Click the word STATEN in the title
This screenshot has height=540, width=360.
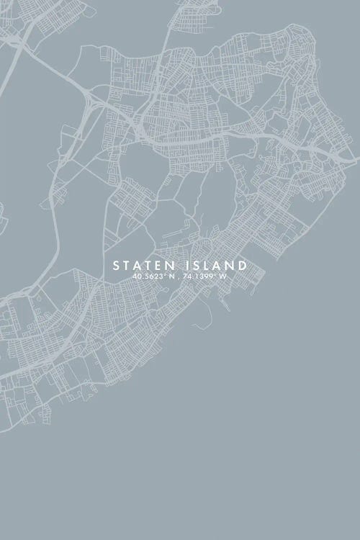pos(143,266)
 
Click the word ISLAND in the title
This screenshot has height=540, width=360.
pos(214,266)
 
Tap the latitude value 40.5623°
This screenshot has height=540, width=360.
pos(148,276)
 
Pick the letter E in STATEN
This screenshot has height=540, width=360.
pos(156,266)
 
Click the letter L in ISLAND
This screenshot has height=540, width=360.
pos(205,266)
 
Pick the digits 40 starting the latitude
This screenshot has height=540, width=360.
pos(137,276)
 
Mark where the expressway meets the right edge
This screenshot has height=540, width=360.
pos(357,156)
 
